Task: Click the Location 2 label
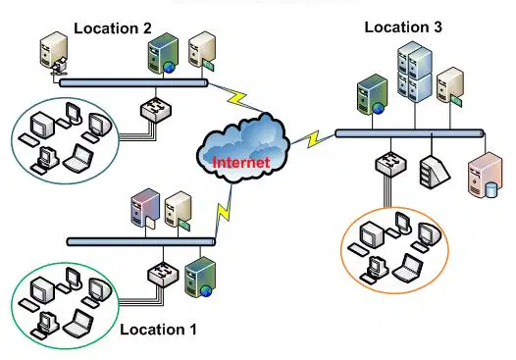[x=113, y=28]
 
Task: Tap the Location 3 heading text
[x=403, y=27]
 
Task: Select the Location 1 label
[x=158, y=330]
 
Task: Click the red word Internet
[x=241, y=162]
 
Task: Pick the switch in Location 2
[x=156, y=110]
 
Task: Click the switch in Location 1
[x=163, y=274]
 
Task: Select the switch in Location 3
[x=390, y=164]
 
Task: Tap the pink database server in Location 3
[x=485, y=175]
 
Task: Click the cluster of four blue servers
[x=414, y=72]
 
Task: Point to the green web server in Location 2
[x=163, y=53]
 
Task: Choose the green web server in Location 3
[x=372, y=95]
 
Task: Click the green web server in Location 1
[x=200, y=277]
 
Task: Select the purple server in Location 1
[x=145, y=208]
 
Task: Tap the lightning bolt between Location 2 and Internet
[x=237, y=98]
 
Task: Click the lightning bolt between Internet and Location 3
[x=313, y=139]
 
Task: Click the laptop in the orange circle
[x=408, y=268]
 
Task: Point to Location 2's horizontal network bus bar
[x=133, y=82]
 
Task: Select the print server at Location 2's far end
[x=54, y=54]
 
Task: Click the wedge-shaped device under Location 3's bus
[x=434, y=172]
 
